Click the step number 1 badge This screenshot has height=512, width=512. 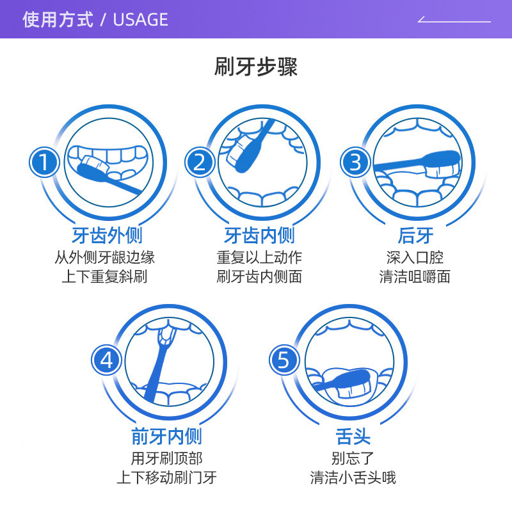point(44,163)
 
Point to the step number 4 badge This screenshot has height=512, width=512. point(107,360)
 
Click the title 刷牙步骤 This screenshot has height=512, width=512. point(256,67)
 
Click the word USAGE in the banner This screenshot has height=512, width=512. point(140,20)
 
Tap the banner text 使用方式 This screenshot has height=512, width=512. point(58,20)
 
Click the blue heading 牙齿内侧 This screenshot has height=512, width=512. point(259,236)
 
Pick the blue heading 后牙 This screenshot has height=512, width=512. point(415,236)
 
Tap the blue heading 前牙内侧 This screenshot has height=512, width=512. point(166,436)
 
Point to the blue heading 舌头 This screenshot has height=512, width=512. point(353,436)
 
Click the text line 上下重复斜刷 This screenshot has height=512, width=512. point(104,277)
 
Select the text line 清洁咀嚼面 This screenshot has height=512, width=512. point(415,277)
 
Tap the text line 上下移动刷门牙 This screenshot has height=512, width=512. point(166,477)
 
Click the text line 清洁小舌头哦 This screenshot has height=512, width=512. point(353,477)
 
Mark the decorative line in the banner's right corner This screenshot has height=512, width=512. point(454,21)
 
